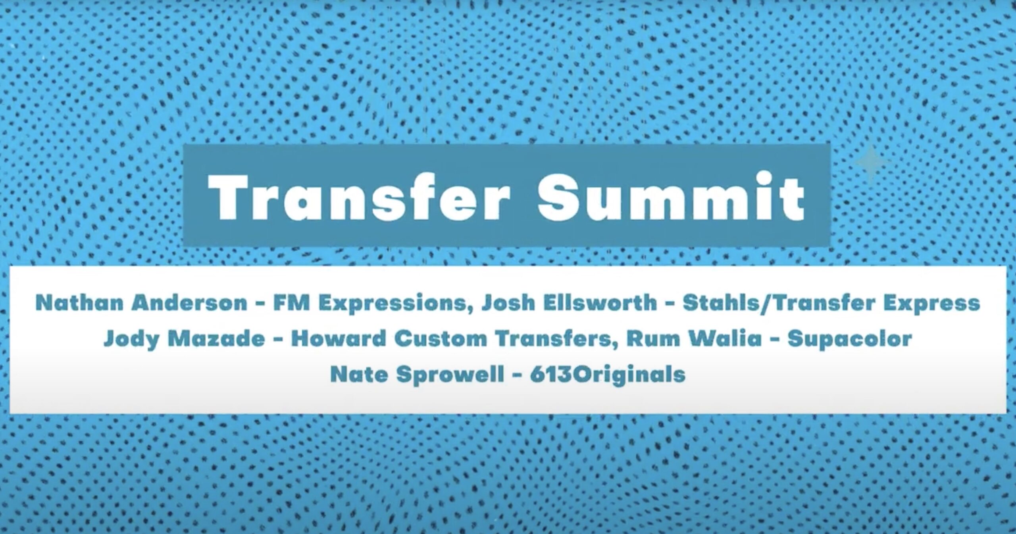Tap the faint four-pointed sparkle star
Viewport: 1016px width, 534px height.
[x=871, y=163]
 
